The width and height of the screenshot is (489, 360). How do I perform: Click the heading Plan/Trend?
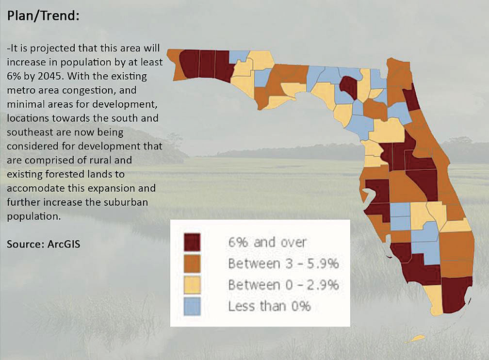pyautogui.click(x=43, y=16)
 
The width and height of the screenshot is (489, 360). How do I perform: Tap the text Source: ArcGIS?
pyautogui.click(x=43, y=244)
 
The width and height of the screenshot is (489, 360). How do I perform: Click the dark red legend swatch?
pyautogui.click(x=192, y=242)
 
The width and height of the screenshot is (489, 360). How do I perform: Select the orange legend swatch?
pyautogui.click(x=192, y=263)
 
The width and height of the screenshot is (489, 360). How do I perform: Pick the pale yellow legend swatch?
pyautogui.click(x=192, y=285)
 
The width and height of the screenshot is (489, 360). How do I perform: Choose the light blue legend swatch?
pyautogui.click(x=192, y=306)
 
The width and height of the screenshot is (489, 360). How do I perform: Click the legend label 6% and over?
pyautogui.click(x=267, y=242)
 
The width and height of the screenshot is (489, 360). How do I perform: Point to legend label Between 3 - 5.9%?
pyautogui.click(x=283, y=263)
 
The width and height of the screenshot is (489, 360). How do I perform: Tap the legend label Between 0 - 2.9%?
pyautogui.click(x=283, y=285)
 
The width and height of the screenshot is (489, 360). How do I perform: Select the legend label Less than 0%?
pyautogui.click(x=269, y=306)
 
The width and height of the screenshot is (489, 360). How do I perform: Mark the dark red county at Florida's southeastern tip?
pyautogui.click(x=456, y=295)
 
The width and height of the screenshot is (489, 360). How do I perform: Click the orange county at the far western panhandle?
pyautogui.click(x=175, y=65)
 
